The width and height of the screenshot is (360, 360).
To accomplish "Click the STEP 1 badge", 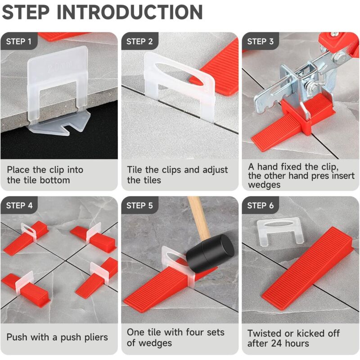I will (18, 42).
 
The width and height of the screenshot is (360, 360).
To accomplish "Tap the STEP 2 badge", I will (139, 42).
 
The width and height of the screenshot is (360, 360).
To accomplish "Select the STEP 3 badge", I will (260, 42).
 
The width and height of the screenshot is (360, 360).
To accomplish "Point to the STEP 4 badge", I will (19, 206).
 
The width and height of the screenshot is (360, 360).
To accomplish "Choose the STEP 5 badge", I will (139, 206).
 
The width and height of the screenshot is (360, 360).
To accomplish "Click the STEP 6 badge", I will (260, 206).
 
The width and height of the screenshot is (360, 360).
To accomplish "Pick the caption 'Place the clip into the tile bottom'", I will (45, 175).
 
